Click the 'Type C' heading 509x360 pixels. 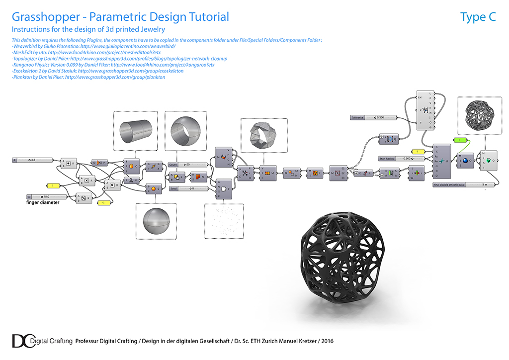tap(478, 17)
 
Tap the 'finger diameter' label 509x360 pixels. tap(43, 203)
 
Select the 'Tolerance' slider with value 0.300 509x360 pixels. tap(373, 117)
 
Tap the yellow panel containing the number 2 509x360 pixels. tap(52, 185)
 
